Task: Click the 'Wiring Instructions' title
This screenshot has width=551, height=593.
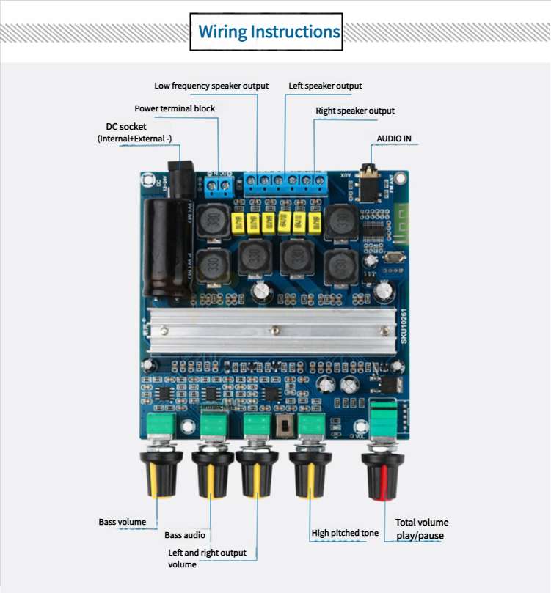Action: coord(269,32)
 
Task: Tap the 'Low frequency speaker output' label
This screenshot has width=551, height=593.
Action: coord(211,86)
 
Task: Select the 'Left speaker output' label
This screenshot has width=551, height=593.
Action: coord(325,86)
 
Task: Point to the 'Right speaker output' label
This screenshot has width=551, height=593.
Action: coord(355,111)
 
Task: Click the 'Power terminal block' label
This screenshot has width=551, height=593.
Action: coord(175,108)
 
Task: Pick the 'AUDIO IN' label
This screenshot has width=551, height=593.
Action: coord(394,138)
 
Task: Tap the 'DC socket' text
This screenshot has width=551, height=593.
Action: coord(126,127)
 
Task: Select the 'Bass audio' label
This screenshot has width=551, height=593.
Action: coord(184,535)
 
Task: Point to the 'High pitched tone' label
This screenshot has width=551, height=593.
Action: coord(345,533)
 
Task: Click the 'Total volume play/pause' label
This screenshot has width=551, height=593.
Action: coord(421,528)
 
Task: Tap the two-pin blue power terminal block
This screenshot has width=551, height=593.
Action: coord(218,185)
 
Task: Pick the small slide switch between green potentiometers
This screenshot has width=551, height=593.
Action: coord(284,424)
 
